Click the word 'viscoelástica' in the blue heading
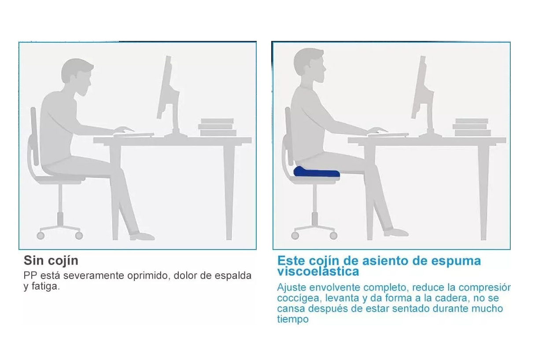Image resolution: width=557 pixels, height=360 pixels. coord(318,272)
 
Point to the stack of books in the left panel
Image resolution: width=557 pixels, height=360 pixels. coord(217,127)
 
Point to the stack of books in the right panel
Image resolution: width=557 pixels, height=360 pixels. coord(472,127)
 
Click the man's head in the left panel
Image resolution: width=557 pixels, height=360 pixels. coord(77,76)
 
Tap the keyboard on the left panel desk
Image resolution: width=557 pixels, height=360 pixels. coord(133,135)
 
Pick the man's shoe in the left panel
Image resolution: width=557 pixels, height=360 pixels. coord(142,236)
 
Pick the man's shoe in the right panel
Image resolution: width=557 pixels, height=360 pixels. coord(396,232)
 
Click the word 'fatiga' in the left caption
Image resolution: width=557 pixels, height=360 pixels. coord(46,287)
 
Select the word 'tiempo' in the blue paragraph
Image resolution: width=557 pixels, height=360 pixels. coord(293,319)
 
